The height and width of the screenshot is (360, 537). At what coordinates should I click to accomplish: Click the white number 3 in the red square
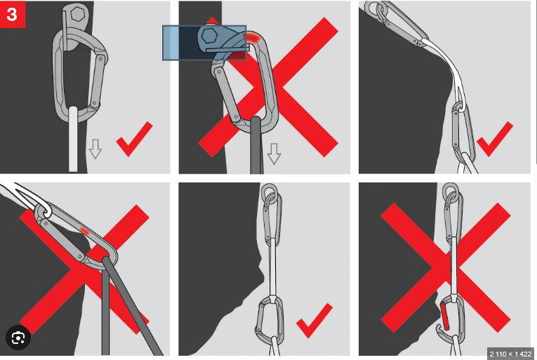click(x=12, y=15)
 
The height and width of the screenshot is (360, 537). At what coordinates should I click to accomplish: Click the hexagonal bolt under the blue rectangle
click(x=209, y=36)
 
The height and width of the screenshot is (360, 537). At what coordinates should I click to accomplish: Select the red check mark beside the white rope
click(x=134, y=139)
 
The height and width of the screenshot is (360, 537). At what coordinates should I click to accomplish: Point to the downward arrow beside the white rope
click(x=95, y=149)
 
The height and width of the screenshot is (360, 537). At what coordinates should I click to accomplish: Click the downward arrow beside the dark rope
click(x=274, y=154)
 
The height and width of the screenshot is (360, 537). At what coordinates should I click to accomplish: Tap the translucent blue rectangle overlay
click(x=204, y=43)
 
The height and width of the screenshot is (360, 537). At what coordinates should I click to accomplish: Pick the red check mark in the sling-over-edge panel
click(x=495, y=139)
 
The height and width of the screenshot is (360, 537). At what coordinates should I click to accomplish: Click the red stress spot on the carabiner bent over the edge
click(x=84, y=231)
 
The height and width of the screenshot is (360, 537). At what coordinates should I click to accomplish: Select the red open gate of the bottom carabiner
click(x=444, y=316)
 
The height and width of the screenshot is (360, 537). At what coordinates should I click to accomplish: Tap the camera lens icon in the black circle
click(x=18, y=338)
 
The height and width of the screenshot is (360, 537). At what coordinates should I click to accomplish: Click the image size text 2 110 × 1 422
click(x=510, y=354)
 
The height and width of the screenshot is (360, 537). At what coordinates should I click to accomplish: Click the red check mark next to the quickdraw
click(x=314, y=321)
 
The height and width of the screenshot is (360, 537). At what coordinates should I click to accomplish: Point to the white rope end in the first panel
click(x=73, y=139)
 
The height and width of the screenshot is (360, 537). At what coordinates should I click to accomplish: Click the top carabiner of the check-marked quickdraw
click(x=273, y=216)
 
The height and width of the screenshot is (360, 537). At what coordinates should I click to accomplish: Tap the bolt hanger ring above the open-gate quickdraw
click(x=450, y=191)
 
